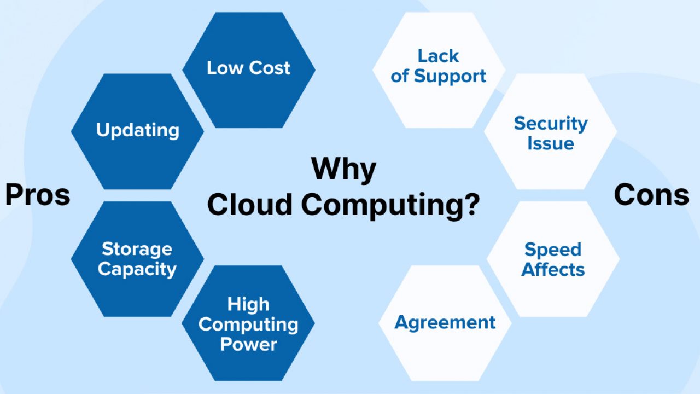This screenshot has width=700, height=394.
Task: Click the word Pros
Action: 38,195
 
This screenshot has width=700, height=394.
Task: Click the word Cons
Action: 651,195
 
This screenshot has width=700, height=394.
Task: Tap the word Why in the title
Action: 344,170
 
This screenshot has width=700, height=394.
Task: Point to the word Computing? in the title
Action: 390,206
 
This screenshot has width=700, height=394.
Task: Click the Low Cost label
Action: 249,68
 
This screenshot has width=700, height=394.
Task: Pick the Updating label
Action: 138,130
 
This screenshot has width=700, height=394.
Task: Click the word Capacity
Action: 137,270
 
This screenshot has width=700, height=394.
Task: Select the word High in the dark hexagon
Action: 248,305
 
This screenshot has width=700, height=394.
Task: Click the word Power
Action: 249,344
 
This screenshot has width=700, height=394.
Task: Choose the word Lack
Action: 439,56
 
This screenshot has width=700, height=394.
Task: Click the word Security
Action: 551,124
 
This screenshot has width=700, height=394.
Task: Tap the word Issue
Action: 551,143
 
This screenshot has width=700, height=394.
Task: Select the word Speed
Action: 553,250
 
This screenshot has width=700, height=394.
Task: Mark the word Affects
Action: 553,269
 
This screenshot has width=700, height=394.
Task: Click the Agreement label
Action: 445,323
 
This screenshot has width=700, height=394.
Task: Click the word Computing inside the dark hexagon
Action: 248,325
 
